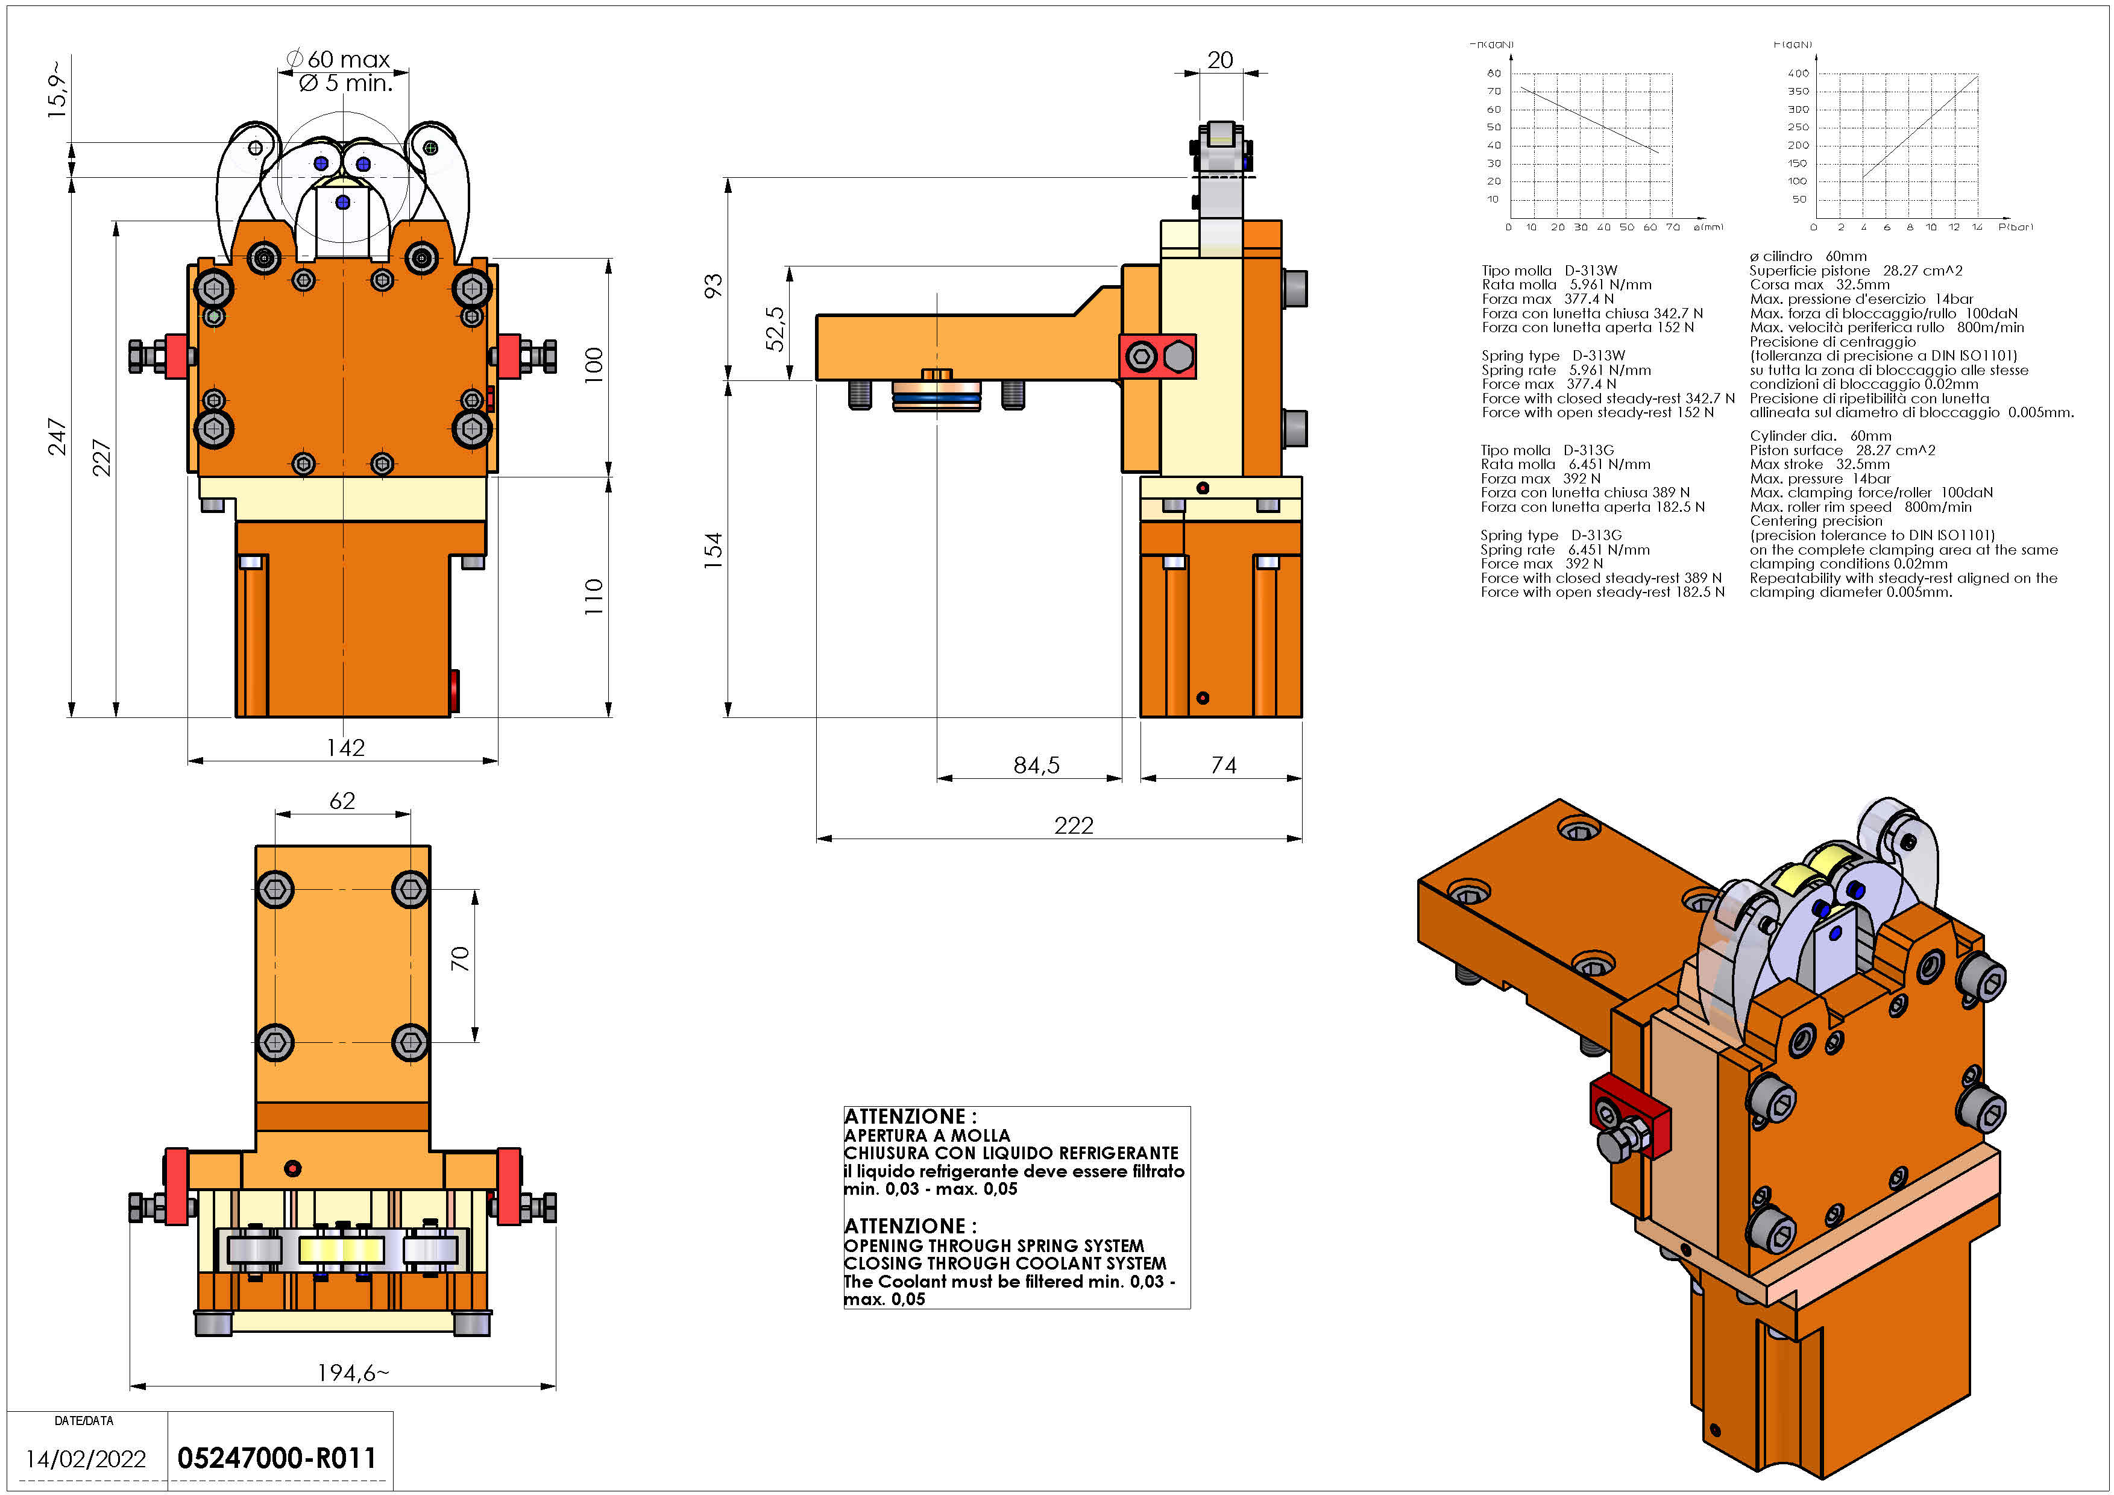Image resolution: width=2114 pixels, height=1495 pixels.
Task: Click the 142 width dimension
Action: (345, 747)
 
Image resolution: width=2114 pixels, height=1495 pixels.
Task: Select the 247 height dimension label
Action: (57, 436)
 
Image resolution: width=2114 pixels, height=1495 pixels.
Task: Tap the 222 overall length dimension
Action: (1074, 826)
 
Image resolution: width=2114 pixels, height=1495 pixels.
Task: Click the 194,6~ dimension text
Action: (353, 1373)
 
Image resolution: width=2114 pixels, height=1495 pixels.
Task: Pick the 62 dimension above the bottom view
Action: (342, 801)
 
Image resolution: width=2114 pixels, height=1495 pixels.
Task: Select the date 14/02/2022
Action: (86, 1459)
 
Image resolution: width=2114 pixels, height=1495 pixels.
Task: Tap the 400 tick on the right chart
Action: (1798, 73)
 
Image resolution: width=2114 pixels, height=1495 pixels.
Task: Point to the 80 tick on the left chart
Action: (1494, 73)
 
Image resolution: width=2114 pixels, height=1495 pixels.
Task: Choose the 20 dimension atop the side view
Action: (1220, 60)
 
